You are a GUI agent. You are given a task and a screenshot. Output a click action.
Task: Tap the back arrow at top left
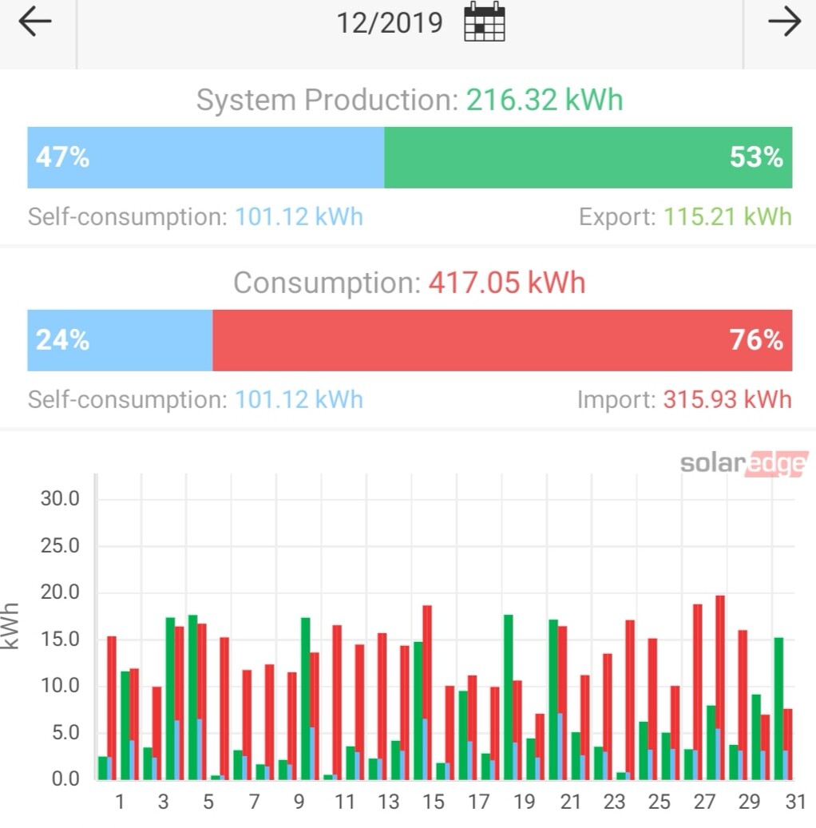[34, 22]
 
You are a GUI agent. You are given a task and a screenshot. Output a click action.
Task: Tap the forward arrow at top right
[783, 22]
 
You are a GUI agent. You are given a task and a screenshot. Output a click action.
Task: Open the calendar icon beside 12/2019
[485, 22]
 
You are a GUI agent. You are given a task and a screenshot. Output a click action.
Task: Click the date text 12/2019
[389, 22]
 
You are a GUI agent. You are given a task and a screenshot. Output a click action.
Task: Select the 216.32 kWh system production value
[545, 101]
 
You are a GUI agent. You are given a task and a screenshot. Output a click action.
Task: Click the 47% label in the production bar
[62, 157]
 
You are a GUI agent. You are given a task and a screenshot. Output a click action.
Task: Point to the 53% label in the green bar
[756, 157]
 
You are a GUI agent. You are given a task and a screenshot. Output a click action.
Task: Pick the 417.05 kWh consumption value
[507, 283]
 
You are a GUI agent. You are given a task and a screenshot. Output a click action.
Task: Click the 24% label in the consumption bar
[62, 340]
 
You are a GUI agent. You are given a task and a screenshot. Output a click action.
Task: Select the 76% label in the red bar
[756, 340]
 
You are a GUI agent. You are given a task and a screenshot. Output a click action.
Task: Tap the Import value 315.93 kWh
[727, 399]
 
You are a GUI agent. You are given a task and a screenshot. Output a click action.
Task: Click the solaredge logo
[743, 464]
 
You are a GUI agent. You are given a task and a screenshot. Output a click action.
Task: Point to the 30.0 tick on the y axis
[60, 499]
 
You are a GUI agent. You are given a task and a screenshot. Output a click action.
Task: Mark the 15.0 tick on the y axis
[60, 640]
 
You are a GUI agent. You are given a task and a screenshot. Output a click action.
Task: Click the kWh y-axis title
[10, 625]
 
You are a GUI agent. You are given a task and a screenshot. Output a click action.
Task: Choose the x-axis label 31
[794, 802]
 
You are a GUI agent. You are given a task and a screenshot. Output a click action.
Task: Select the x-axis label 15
[433, 802]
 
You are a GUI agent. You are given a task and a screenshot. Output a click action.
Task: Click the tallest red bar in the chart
[720, 687]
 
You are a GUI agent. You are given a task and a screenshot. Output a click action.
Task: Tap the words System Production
[324, 101]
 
